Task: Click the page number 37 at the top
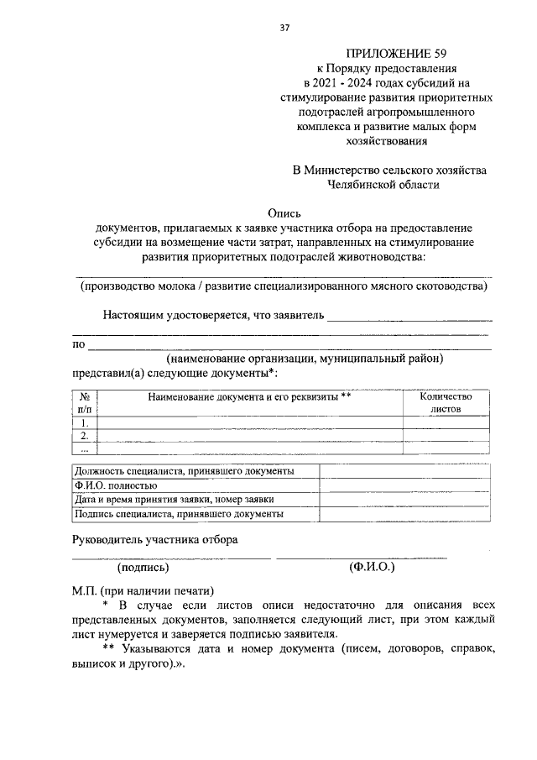click(x=284, y=28)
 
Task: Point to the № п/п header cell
click(x=84, y=402)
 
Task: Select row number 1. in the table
click(x=84, y=423)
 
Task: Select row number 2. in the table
click(x=84, y=436)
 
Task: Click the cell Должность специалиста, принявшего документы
click(x=185, y=471)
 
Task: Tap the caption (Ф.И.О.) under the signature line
click(x=372, y=568)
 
